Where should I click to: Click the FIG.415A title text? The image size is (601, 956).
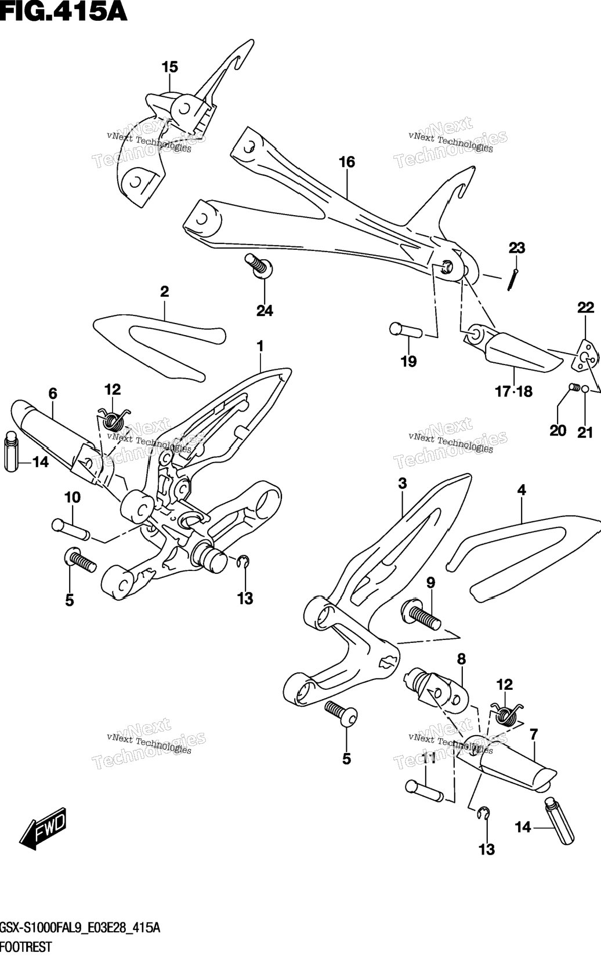[x=64, y=11]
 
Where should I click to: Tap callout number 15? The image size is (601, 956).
[x=169, y=67]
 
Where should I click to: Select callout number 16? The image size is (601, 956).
[x=347, y=162]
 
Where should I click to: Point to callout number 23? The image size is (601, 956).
[x=516, y=248]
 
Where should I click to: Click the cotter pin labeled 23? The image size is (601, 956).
[x=513, y=279]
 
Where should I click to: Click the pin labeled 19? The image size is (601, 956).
[x=406, y=331]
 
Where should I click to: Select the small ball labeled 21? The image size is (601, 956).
[x=585, y=388]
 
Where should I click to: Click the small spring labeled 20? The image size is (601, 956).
[x=574, y=387]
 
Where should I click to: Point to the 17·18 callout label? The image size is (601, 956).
[x=513, y=391]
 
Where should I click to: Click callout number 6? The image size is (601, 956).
[x=53, y=394]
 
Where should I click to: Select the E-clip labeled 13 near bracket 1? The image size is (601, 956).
[x=244, y=563]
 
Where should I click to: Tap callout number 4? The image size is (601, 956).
[x=521, y=490]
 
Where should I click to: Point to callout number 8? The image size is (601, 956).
[x=461, y=659]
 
